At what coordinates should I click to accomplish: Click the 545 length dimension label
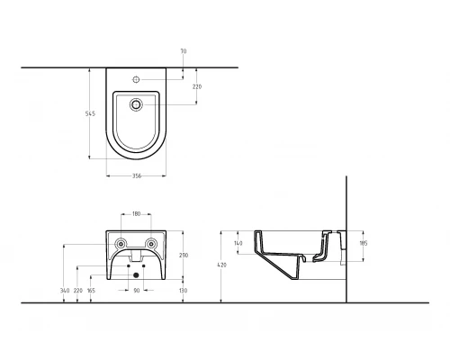pos(90,113)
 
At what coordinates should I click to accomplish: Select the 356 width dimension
pos(137,176)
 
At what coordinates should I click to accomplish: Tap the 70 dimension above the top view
pos(184,51)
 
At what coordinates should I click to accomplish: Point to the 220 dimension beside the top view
pos(197,86)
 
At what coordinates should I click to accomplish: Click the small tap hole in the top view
pos(136,79)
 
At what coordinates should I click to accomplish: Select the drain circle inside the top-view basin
pos(136,104)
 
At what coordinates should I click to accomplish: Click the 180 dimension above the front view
pos(136,214)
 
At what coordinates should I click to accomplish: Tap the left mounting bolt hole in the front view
pos(121,244)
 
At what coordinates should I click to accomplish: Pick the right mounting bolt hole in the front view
pos(151,244)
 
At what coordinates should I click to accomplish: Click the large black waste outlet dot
pos(136,274)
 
